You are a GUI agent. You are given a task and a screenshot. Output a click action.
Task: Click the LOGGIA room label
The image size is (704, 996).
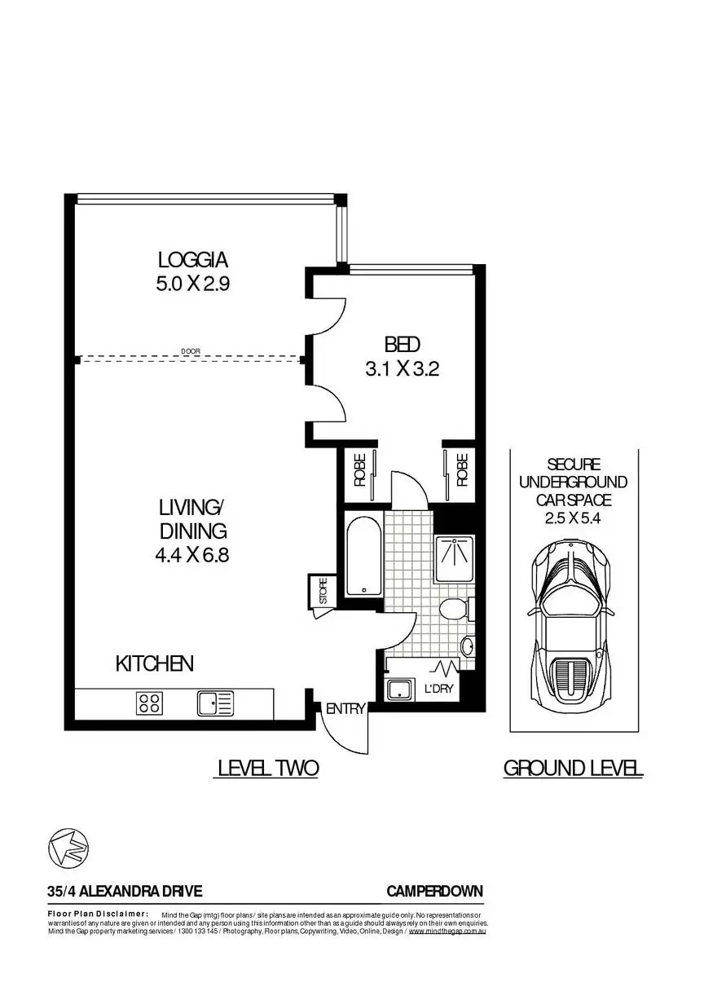pyautogui.click(x=193, y=260)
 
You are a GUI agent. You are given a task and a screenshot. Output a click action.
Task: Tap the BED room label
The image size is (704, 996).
pyautogui.click(x=403, y=344)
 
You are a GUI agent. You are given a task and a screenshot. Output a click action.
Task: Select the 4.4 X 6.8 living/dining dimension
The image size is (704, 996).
pyautogui.click(x=192, y=555)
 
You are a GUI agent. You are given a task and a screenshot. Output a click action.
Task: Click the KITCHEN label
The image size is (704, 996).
pyautogui.click(x=155, y=663)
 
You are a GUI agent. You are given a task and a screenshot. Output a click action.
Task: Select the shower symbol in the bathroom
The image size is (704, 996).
pyautogui.click(x=454, y=559)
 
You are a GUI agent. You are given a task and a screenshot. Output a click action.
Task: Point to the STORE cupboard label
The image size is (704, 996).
pyautogui.click(x=323, y=590)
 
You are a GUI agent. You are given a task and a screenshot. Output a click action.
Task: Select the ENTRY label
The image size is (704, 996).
pyautogui.click(x=345, y=708)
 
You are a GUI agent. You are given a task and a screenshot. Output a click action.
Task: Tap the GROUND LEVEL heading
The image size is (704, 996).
pyautogui.click(x=574, y=768)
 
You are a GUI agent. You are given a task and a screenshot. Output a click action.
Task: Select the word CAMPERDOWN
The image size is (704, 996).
pyautogui.click(x=434, y=891)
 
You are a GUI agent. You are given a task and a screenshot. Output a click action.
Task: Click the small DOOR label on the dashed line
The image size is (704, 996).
pyautogui.click(x=190, y=351)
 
